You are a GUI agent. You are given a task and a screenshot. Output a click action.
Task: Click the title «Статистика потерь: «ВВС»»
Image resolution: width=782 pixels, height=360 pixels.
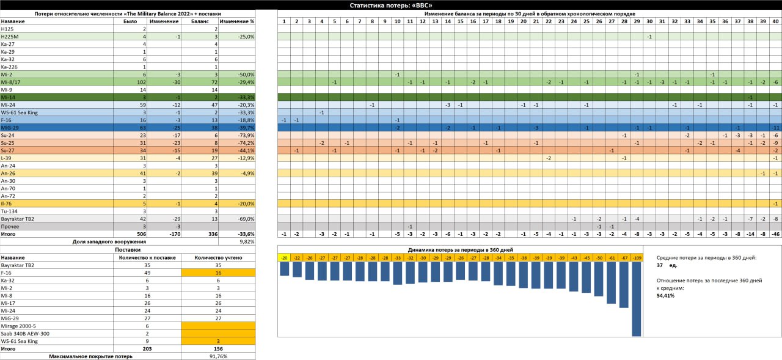tap(390, 5)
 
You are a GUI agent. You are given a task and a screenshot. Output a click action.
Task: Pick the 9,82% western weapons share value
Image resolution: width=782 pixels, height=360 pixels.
tap(247, 241)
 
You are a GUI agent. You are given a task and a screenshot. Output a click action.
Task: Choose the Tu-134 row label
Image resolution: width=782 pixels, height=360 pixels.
tap(9, 211)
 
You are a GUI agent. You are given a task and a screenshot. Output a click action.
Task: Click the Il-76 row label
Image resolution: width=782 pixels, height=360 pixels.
tap(7, 204)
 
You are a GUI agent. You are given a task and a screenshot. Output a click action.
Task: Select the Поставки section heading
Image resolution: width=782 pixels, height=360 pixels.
tap(128, 249)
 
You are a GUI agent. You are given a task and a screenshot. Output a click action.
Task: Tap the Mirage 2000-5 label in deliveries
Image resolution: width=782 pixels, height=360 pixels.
tap(19, 326)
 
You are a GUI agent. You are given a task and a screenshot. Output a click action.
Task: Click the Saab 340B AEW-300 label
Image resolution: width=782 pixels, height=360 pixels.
tap(25, 333)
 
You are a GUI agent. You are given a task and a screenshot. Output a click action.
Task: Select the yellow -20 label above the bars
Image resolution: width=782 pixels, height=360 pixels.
tap(284, 258)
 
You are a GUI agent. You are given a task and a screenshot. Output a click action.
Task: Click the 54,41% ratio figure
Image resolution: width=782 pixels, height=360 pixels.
tap(665, 295)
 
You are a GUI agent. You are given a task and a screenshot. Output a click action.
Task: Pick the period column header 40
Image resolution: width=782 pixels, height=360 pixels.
tap(775, 21)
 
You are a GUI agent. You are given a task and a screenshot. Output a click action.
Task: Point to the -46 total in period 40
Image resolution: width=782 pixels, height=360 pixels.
tap(775, 233)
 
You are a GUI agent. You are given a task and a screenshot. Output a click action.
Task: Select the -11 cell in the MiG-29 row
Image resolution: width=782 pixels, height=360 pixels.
tap(775, 127)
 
